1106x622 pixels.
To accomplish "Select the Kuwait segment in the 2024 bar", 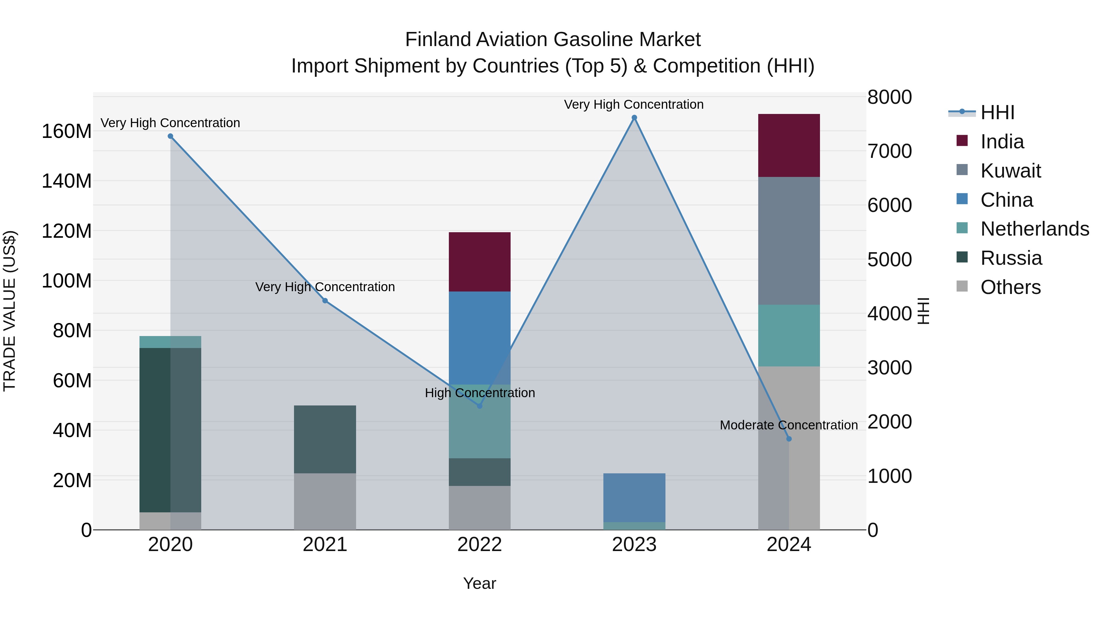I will tap(789, 241).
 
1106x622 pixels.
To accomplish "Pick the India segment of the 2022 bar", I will tap(480, 262).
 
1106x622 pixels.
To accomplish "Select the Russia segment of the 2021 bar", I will tap(325, 439).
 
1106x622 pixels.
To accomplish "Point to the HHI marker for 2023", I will tap(634, 118).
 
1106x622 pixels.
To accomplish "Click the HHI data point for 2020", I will tap(171, 136).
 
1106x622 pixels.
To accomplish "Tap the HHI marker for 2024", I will tap(789, 439).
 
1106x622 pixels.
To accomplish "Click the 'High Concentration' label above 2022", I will tap(480, 393).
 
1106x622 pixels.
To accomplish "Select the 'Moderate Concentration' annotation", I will tap(788, 425).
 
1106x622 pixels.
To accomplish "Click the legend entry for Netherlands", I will tap(1035, 229).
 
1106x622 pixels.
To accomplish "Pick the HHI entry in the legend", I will tap(997, 112).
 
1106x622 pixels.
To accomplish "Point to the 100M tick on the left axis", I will tap(67, 281).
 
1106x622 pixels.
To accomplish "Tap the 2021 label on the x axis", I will tap(325, 545).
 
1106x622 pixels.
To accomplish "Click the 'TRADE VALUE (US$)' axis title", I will tap(10, 311).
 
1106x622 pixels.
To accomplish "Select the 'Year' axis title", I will tap(480, 583).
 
